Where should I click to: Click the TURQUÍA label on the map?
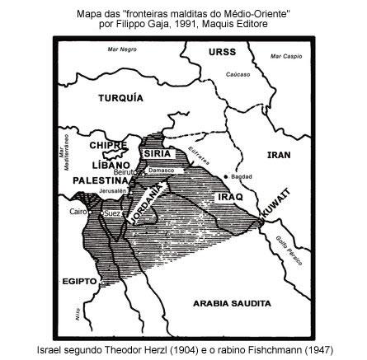(120, 97)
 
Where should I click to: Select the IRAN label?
(280, 154)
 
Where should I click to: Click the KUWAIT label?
(276, 202)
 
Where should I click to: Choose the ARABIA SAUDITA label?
(232, 303)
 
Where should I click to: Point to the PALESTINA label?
(98, 179)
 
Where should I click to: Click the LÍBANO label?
(101, 165)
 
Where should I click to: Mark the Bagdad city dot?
(226, 176)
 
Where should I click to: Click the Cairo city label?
(79, 212)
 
